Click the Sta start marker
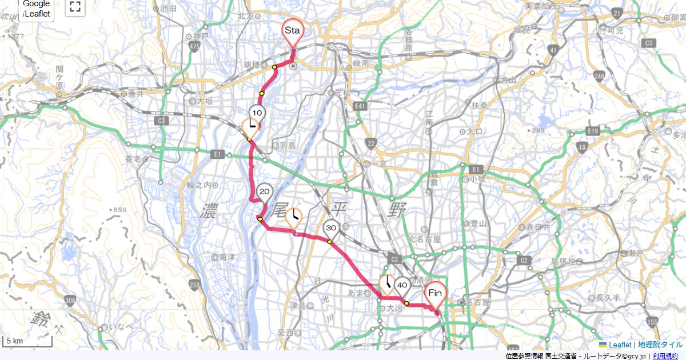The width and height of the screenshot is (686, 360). click(x=292, y=29)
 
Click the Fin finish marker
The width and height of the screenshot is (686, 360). click(x=435, y=294)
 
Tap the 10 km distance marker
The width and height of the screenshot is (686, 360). click(x=257, y=113)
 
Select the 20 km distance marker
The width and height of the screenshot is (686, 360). click(x=264, y=192)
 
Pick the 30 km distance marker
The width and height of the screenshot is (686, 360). click(x=331, y=229)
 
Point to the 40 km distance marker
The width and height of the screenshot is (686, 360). click(x=402, y=285)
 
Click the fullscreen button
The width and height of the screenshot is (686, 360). click(x=75, y=7)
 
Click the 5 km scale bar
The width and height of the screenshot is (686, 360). click(x=27, y=342)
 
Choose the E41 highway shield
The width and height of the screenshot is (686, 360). click(x=360, y=106)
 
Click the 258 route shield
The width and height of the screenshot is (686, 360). click(x=196, y=285)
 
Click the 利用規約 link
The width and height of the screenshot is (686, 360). click(x=665, y=356)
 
